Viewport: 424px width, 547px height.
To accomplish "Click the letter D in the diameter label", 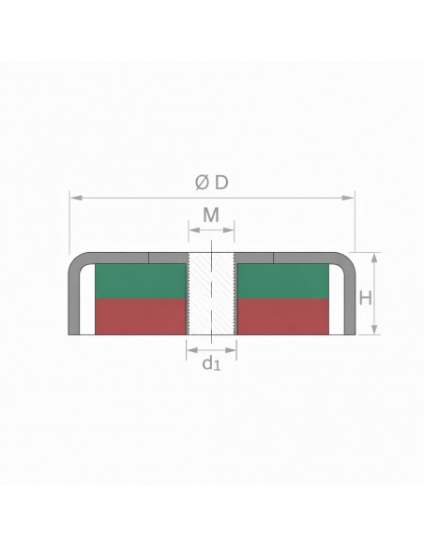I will click(x=220, y=181).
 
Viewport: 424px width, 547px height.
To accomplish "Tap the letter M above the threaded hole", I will click(x=212, y=216).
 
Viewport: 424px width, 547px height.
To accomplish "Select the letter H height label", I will click(x=367, y=297).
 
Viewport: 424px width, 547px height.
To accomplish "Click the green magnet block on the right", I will click(x=282, y=281).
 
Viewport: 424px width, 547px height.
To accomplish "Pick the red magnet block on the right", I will click(x=282, y=316).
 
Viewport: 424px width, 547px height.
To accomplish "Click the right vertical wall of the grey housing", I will click(x=349, y=300).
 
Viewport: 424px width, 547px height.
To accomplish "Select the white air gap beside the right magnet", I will click(x=334, y=300).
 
